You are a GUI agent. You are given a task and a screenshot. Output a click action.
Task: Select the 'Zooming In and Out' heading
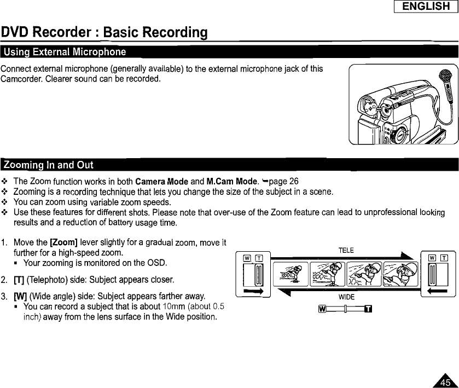point(48,165)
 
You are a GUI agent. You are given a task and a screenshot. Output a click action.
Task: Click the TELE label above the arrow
point(346,250)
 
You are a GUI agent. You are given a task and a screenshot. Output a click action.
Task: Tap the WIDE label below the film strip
point(345,297)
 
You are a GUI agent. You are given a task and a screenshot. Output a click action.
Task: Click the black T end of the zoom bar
point(368,312)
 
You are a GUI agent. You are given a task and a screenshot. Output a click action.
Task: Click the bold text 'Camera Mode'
point(158,181)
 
